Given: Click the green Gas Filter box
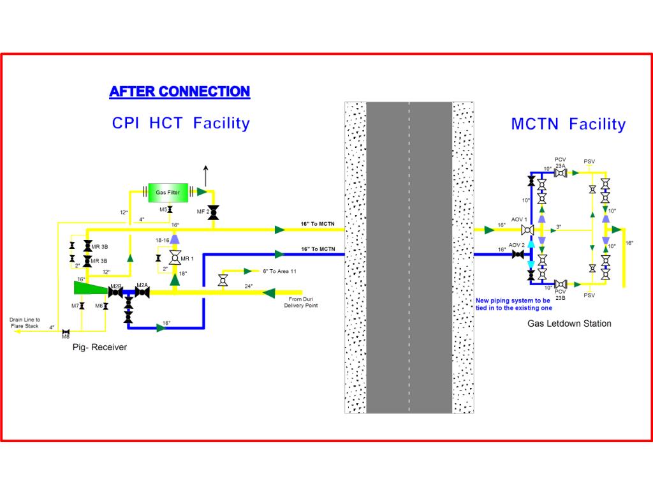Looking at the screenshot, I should [168, 191].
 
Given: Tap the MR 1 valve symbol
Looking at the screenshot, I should [174, 258].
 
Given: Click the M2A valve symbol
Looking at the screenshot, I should [142, 293].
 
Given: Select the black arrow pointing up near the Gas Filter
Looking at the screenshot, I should [205, 172].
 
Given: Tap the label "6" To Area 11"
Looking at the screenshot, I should [279, 271].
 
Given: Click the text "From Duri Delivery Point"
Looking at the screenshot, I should [301, 302].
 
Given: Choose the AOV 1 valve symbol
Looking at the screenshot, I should [528, 229].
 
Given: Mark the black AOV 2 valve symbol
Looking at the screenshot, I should [517, 255].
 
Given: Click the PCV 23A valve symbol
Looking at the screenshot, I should [561, 172].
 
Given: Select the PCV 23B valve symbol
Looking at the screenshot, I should [561, 284].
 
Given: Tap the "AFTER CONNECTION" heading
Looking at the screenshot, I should [179, 91].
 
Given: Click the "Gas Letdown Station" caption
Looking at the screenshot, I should [569, 323].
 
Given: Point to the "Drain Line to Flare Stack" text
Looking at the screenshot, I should [25, 323].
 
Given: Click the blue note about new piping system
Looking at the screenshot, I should [513, 304].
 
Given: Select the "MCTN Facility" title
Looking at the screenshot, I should [568, 124].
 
